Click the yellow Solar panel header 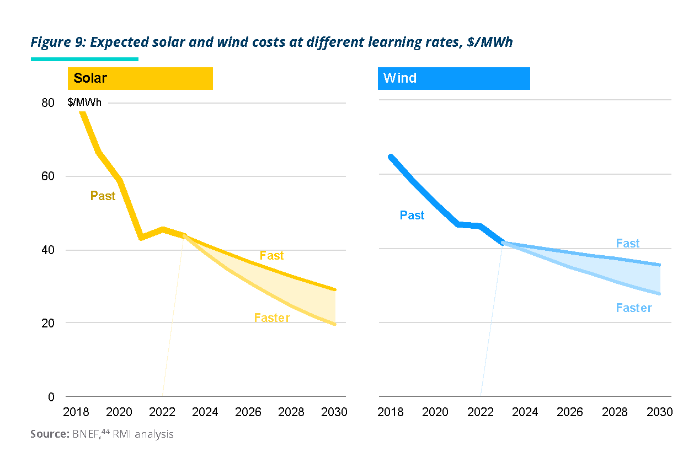tap(140, 78)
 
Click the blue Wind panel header tap(453, 78)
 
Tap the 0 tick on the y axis tap(51, 396)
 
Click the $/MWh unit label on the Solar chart tap(84, 103)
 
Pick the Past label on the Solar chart tap(103, 196)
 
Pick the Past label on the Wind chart tap(412, 216)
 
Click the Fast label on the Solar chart tap(271, 255)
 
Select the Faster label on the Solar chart tap(272, 318)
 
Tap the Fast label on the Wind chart tap(628, 244)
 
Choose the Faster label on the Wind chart tap(634, 308)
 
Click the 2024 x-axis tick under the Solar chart tap(205, 412)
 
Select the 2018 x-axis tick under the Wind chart tap(391, 412)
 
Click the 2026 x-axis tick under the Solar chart tap(248, 412)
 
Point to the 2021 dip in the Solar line tap(141, 238)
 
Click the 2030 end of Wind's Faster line tap(659, 293)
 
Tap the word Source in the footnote tap(49, 434)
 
